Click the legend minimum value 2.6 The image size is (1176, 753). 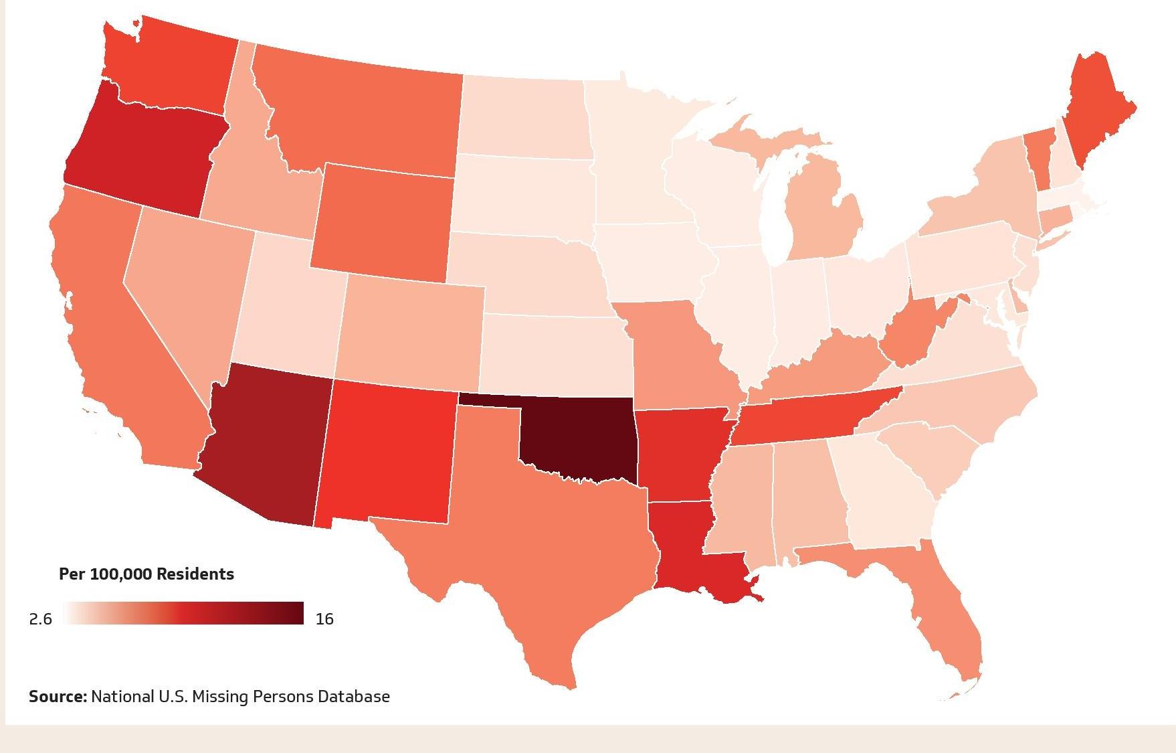point(40,619)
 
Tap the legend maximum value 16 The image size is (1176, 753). point(324,619)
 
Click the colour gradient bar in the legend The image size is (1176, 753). point(184,613)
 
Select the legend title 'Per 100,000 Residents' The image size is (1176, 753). point(146,574)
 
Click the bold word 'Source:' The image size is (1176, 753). point(58,697)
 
